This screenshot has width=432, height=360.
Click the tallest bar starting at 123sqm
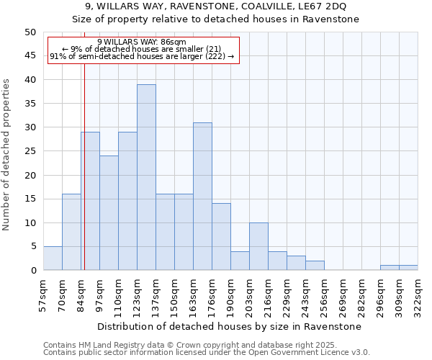(146, 177)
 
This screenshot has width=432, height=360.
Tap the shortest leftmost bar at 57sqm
(53, 258)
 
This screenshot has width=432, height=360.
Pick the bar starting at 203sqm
(258, 247)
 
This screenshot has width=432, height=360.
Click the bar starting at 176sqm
(221, 237)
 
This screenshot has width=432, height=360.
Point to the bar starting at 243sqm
(315, 266)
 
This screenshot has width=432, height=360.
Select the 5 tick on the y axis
(32, 247)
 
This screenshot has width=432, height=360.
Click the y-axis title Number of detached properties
(7, 155)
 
